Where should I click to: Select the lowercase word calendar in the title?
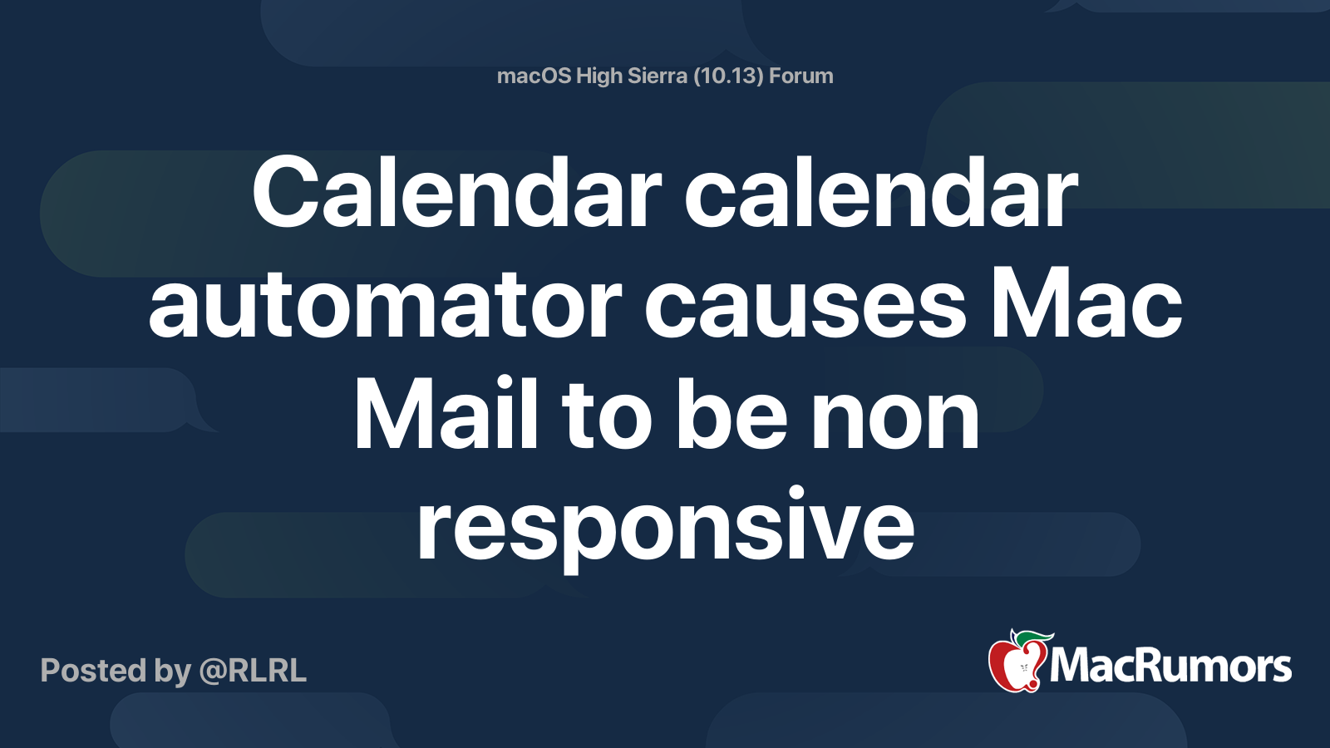tap(881, 194)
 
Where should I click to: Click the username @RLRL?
tap(253, 671)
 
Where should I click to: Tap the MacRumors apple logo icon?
tap(1017, 665)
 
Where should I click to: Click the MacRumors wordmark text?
tap(1170, 667)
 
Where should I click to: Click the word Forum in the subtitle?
tap(800, 76)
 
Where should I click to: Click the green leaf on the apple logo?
tap(1036, 637)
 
